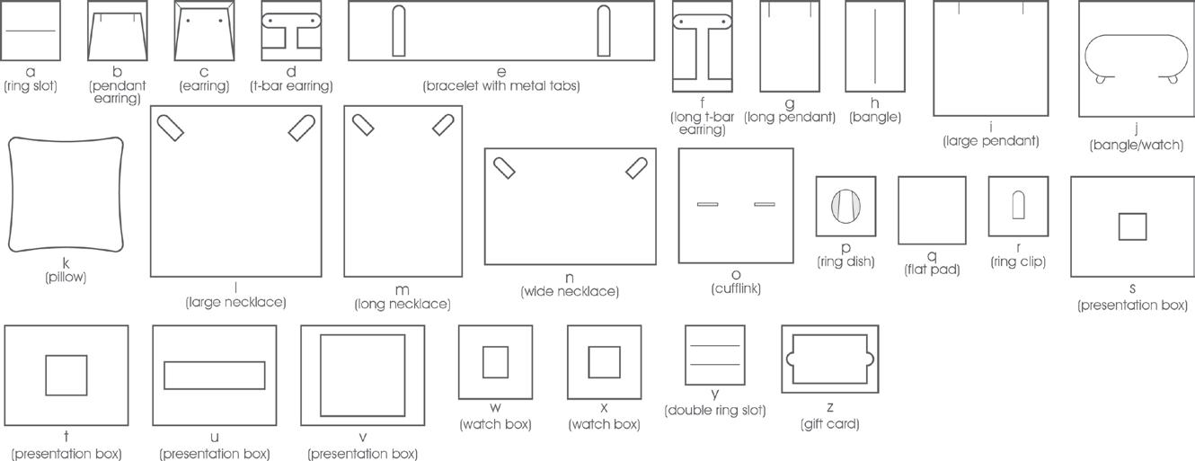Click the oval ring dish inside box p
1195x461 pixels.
point(845,207)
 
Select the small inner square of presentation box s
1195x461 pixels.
point(1132,226)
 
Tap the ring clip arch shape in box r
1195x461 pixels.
point(1019,205)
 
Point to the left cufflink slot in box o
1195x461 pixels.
point(708,205)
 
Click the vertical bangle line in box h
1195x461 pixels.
point(874,46)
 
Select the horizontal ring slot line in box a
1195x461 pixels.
point(31,31)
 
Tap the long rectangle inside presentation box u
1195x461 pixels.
point(214,376)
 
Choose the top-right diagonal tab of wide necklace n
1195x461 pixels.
point(636,166)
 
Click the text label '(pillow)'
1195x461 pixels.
point(66,278)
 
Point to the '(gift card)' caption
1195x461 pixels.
point(829,424)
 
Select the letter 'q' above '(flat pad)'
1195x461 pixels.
point(932,255)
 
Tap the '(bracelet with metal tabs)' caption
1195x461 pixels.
point(501,86)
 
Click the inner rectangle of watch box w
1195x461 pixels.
point(495,362)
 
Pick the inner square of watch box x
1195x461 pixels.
point(604,362)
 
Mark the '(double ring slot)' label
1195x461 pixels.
point(715,411)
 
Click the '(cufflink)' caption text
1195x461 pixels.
point(736,289)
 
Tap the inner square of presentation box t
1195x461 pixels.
point(66,375)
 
